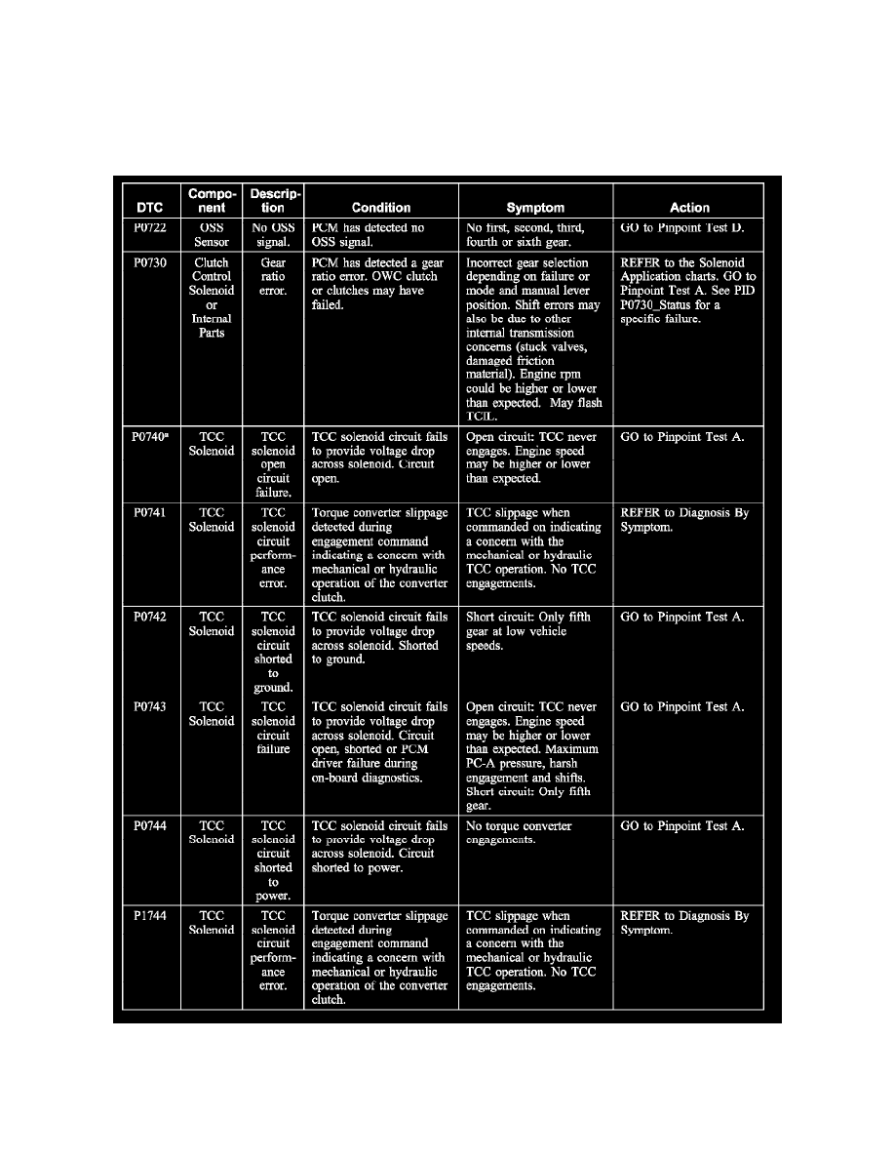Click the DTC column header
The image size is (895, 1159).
click(x=150, y=208)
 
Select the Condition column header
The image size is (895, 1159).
click(x=381, y=208)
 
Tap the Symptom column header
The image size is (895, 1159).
click(x=535, y=208)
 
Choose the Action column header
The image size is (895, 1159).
click(x=689, y=208)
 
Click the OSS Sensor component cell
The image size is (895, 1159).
click(x=212, y=235)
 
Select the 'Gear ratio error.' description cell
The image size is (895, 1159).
click(x=273, y=276)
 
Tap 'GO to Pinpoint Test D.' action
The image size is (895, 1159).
click(x=682, y=228)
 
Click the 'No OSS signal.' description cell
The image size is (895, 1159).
click(x=273, y=235)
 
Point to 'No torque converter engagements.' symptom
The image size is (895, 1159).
click(x=521, y=833)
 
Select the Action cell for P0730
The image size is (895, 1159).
click(x=687, y=291)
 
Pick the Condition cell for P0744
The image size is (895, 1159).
click(x=380, y=847)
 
